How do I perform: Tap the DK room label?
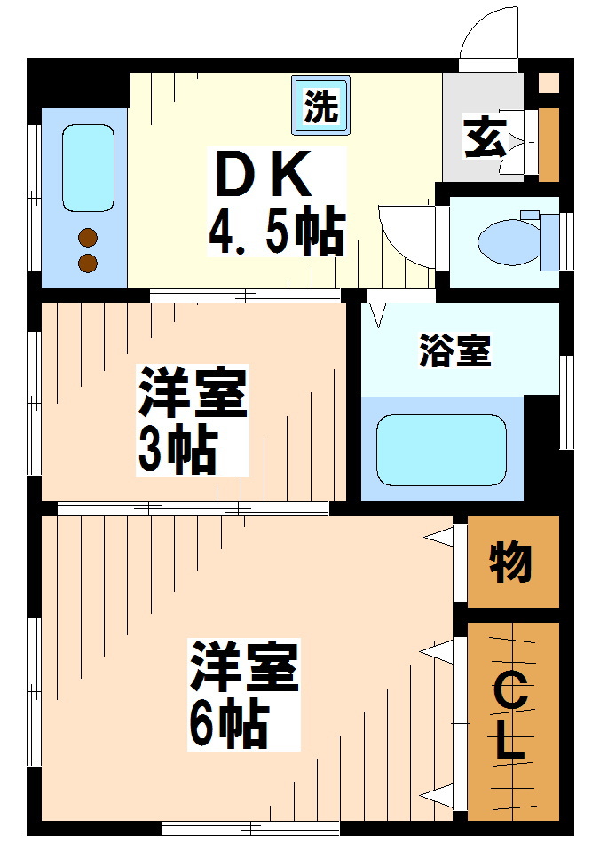[x=264, y=175]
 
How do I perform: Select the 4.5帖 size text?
[x=276, y=232]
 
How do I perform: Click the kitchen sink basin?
[x=88, y=168]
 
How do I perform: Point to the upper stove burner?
[x=87, y=237]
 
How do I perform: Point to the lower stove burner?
[x=87, y=263]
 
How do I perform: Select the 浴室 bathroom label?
[x=454, y=352]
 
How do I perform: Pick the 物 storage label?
[x=512, y=561]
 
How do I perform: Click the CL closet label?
[x=509, y=717]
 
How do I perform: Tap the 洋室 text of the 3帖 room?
[x=191, y=393]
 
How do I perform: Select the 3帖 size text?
[x=177, y=450]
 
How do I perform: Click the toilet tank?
[x=548, y=240]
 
